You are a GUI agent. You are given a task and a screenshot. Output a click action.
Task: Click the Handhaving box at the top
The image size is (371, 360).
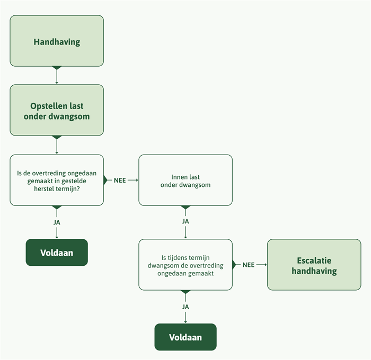click(57, 41)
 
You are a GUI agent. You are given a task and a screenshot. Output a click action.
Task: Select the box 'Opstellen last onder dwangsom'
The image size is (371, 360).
click(57, 111)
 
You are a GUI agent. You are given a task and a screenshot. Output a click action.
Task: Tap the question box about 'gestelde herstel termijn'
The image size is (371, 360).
click(57, 180)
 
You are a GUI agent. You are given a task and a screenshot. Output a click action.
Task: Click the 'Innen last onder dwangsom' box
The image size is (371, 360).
click(185, 180)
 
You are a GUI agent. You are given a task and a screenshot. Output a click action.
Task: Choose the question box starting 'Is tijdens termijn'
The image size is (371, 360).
click(185, 265)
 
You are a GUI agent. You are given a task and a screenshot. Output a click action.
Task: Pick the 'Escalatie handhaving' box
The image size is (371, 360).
click(314, 265)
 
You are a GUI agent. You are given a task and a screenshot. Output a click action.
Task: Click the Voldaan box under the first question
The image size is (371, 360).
click(57, 253)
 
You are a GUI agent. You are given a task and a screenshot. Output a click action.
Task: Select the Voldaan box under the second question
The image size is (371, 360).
click(185, 337)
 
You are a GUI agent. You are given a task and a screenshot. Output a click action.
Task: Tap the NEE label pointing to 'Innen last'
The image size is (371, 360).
click(120, 181)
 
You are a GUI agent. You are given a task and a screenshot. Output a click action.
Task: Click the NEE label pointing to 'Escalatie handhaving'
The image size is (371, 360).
click(249, 265)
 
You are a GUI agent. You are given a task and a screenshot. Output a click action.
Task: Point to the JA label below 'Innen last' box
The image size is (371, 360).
click(185, 221)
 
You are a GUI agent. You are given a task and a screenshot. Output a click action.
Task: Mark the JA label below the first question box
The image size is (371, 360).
click(57, 222)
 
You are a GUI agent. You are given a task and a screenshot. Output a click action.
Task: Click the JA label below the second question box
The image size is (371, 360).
click(185, 307)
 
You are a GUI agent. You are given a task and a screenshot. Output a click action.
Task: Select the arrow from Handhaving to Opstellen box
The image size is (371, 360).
click(57, 77)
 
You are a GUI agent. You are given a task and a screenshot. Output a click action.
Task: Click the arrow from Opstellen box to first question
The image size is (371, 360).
click(57, 147)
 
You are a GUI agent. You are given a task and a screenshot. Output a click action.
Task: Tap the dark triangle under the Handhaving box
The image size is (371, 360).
click(57, 68)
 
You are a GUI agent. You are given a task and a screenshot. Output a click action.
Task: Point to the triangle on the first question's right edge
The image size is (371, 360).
click(105, 180)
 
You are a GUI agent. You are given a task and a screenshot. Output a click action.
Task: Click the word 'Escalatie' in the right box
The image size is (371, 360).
click(314, 260)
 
